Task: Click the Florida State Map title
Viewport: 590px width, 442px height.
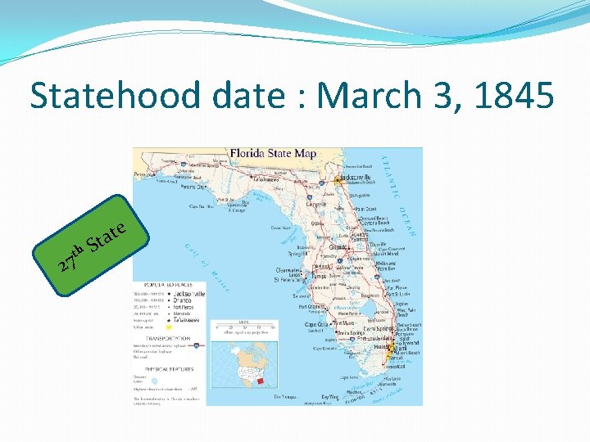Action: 273,154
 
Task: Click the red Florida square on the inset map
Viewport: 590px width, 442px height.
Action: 261,381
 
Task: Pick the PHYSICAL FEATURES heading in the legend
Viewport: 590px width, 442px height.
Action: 165,369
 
